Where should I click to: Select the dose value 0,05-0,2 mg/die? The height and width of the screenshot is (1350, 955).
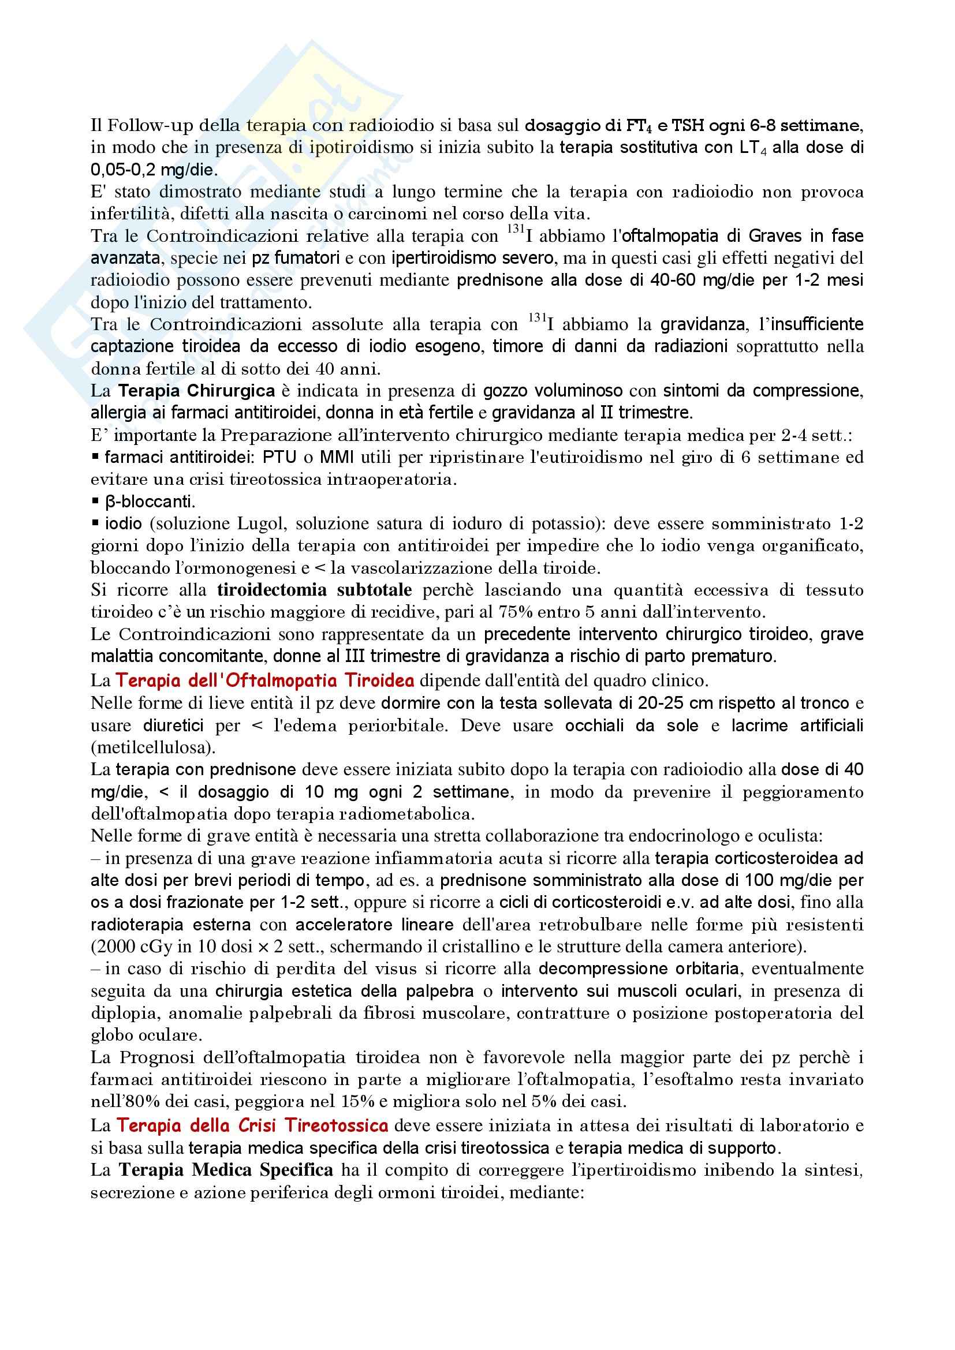tap(154, 170)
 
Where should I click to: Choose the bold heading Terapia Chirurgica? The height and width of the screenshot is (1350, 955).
tap(196, 391)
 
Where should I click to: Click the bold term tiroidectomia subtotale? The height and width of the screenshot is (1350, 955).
tap(314, 590)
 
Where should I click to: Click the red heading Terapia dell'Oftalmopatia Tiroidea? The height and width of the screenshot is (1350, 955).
tap(264, 680)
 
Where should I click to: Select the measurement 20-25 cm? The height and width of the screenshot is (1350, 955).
tap(641, 703)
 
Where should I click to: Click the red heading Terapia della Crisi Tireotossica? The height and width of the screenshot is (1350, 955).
tap(252, 1125)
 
